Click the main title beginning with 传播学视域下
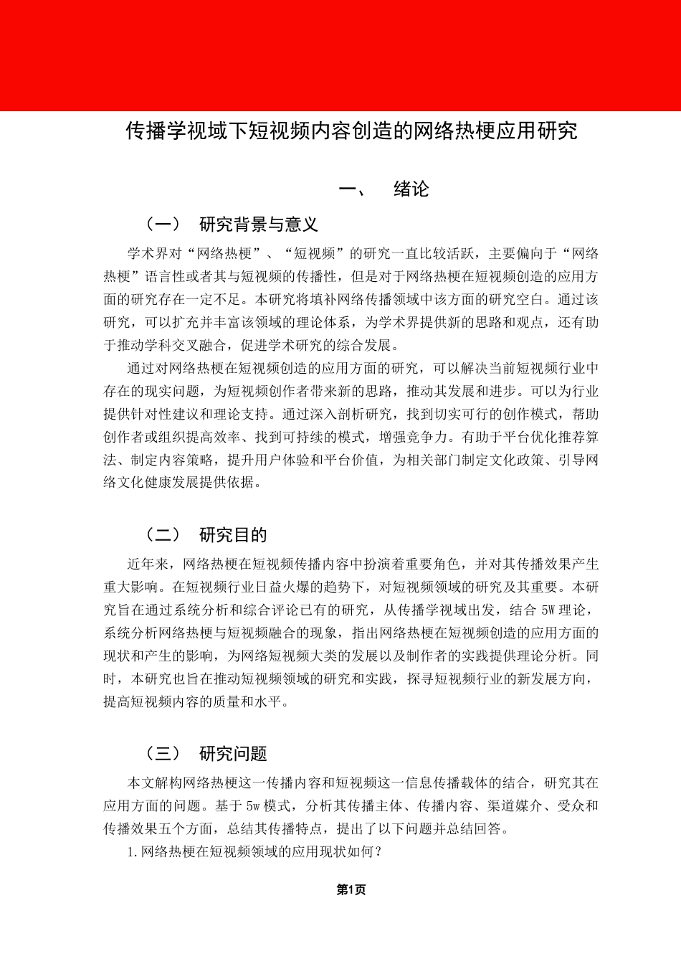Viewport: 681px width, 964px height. (351, 131)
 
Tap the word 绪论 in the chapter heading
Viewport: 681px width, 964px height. (411, 189)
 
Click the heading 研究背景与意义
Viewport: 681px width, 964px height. (259, 225)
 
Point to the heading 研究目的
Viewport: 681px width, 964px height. (233, 535)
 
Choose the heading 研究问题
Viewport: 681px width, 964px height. (233, 754)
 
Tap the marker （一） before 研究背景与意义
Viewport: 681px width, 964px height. (163, 225)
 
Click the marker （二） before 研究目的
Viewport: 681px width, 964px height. (163, 535)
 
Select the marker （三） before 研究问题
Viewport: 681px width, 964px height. (163, 754)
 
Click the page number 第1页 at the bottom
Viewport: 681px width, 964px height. (351, 890)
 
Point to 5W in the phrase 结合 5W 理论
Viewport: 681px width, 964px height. (548, 610)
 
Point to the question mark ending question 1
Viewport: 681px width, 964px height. (378, 852)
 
